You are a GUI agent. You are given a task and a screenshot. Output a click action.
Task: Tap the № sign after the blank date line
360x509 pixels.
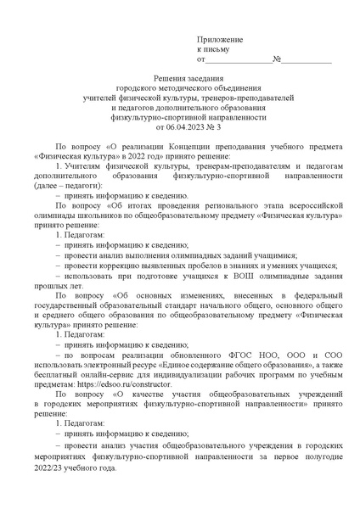[277, 60]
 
